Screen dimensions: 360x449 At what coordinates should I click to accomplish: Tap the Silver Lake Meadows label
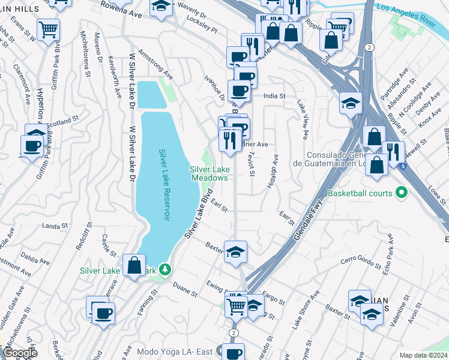click(209, 173)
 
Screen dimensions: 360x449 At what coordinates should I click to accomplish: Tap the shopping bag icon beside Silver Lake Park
click(134, 265)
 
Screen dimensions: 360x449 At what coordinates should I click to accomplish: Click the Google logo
click(20, 353)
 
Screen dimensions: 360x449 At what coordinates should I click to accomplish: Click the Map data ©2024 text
click(423, 355)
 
